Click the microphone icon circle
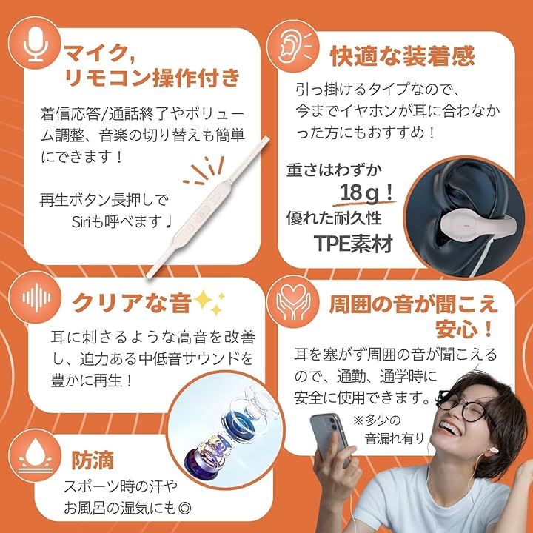pyautogui.click(x=34, y=43)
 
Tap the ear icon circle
pyautogui.click(x=292, y=46)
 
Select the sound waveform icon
pyautogui.click(x=35, y=298)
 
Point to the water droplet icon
pyautogui.click(x=36, y=455)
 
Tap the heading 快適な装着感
pyautogui.click(x=403, y=56)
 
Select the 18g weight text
pyautogui.click(x=366, y=193)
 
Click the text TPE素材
pyautogui.click(x=354, y=243)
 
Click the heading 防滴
pyautogui.click(x=93, y=460)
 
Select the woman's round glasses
pyautogui.click(x=466, y=406)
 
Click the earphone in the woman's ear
pyautogui.click(x=492, y=451)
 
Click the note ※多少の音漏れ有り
pyautogui.click(x=388, y=429)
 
